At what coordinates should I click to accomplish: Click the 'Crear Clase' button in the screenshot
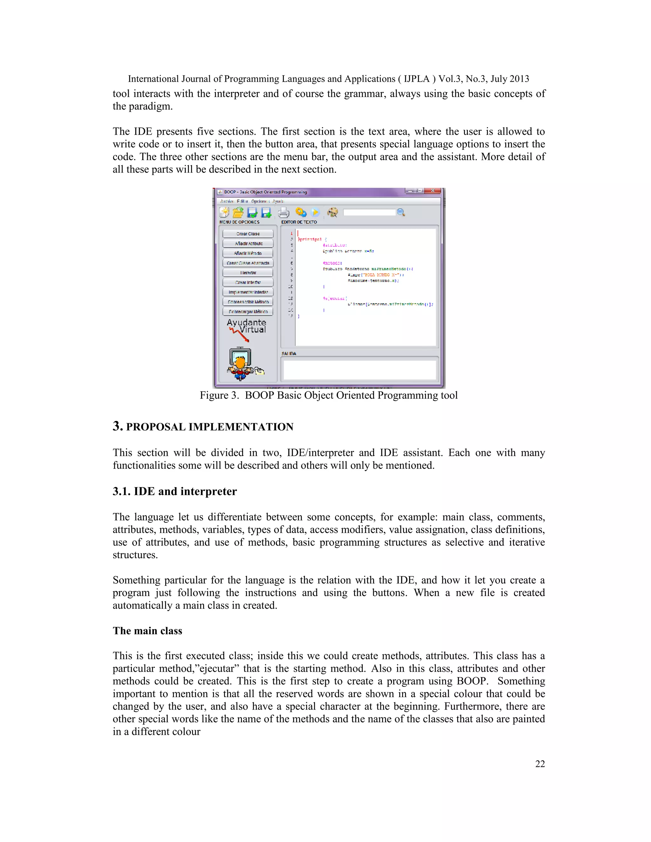[248, 234]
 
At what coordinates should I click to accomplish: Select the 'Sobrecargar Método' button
[248, 311]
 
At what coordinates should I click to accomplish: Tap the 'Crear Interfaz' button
[248, 282]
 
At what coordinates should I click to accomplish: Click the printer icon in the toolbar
[284, 213]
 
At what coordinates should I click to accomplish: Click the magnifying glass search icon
[401, 213]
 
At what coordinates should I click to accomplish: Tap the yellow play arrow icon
[315, 213]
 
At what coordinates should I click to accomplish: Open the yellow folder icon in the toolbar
[238, 212]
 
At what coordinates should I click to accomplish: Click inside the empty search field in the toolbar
[369, 213]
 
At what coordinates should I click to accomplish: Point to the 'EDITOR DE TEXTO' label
[299, 222]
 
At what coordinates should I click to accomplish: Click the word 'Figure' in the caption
[214, 395]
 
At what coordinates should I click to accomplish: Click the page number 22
[540, 764]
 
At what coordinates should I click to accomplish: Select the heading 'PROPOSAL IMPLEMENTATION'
[209, 427]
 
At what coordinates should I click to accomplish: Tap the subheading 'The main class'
[147, 631]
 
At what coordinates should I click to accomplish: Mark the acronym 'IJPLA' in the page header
[416, 79]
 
